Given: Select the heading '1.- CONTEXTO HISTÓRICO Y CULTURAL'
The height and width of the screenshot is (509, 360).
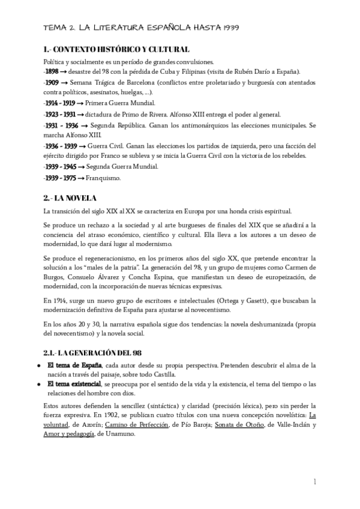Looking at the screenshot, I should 117,49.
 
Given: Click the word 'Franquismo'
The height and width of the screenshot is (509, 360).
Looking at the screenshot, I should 104,178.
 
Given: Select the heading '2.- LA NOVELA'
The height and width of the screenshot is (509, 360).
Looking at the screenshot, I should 70,198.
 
